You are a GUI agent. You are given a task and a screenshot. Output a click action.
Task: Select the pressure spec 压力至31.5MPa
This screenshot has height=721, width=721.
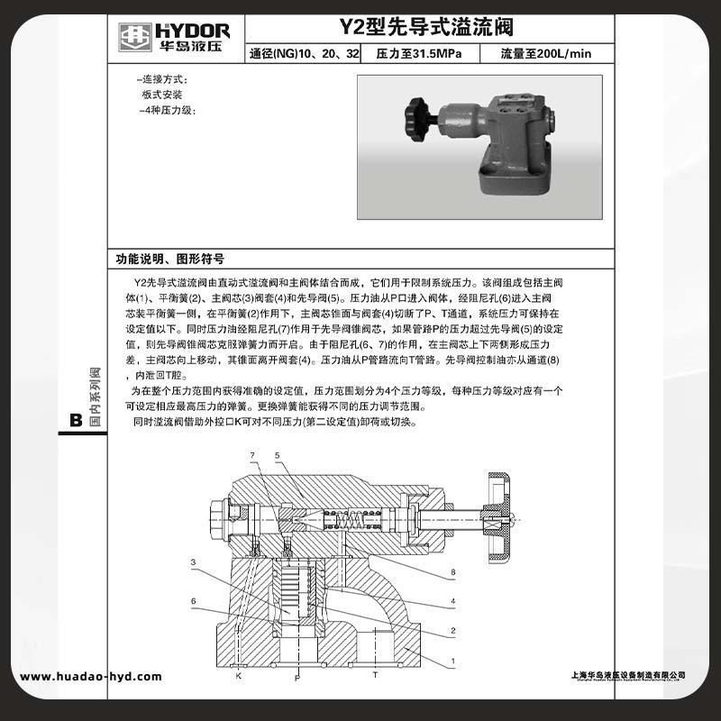click(x=419, y=54)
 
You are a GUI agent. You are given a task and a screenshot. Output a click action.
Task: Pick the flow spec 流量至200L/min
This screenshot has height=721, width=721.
click(x=546, y=54)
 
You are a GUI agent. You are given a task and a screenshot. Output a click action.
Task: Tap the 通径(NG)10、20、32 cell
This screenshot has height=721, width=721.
click(x=303, y=54)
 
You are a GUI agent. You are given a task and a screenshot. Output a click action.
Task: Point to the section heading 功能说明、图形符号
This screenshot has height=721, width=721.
click(x=169, y=258)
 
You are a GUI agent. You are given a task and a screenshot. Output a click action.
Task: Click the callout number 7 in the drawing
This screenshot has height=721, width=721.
click(x=252, y=455)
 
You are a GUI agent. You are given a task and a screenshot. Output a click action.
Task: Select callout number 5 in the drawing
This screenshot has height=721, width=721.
click(x=278, y=455)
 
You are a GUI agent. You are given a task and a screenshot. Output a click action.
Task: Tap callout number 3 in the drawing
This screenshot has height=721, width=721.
click(x=193, y=561)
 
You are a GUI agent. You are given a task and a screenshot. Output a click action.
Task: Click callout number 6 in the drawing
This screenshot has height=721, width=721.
click(x=193, y=601)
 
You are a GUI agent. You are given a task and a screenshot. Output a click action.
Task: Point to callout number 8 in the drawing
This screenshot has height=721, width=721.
click(x=454, y=572)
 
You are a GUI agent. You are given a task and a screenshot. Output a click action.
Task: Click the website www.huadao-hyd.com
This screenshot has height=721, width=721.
click(x=91, y=677)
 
